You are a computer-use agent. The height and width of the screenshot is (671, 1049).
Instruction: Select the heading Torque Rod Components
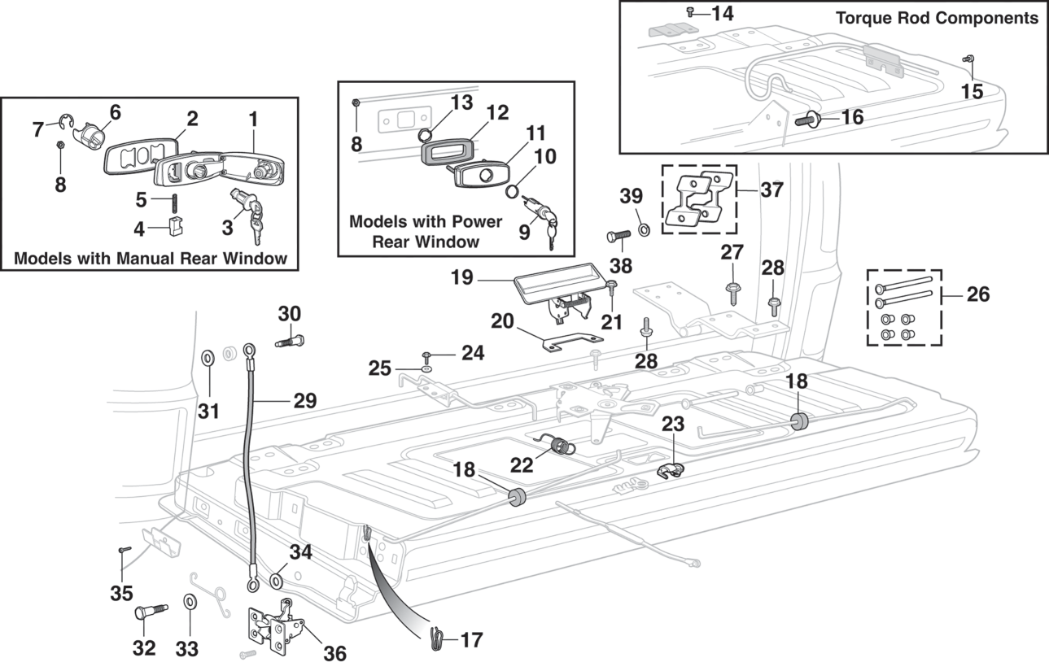pos(936,18)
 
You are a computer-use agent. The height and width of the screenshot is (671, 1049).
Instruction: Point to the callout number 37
pos(772,190)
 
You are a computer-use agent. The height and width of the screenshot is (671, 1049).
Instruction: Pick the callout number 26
pos(977,294)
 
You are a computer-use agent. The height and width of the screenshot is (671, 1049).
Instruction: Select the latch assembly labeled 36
pos(276,627)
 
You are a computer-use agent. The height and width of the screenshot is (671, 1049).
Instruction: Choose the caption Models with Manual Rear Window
pos(151,259)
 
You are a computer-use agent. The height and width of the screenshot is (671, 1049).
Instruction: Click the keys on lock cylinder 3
pos(257,230)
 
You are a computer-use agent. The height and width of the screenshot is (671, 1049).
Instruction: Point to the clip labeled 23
pos(670,471)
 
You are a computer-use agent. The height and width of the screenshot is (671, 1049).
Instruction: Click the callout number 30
pos(290,313)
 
